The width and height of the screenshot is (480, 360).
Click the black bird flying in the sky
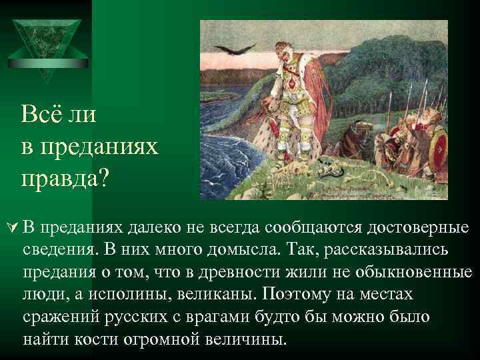pyautogui.click(x=239, y=47)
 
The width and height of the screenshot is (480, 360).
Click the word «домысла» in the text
pyautogui.click(x=239, y=251)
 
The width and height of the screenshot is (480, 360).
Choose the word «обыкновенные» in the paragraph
pyautogui.click(x=404, y=273)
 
